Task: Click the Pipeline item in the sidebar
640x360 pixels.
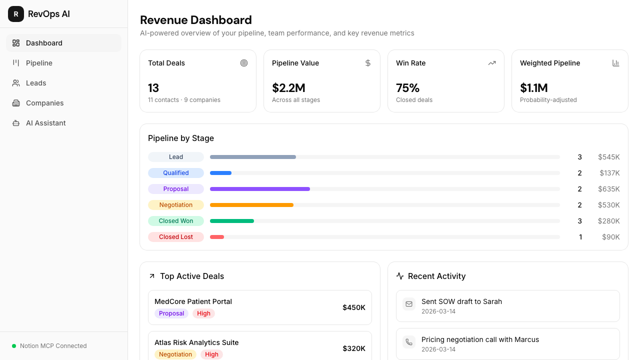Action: (x=39, y=63)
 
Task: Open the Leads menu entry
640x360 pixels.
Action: (x=35, y=83)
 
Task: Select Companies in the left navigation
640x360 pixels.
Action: (x=44, y=103)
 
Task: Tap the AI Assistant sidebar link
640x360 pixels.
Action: (x=45, y=123)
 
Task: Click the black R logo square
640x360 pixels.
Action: (x=16, y=14)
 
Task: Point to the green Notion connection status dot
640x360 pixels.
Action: (x=14, y=346)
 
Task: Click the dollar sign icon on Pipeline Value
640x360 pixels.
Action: (x=368, y=63)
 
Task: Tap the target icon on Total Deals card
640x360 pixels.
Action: (x=243, y=63)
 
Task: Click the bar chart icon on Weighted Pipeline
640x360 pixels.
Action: (x=615, y=63)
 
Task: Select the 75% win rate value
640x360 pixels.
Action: (x=407, y=88)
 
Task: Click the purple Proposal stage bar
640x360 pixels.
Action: (x=260, y=189)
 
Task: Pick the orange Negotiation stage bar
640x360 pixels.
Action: (x=251, y=205)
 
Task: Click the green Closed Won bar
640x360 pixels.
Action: (x=232, y=221)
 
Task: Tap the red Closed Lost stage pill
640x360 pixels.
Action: (x=175, y=237)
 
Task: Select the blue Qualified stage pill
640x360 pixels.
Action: (x=175, y=173)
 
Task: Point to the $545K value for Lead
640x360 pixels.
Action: (x=609, y=157)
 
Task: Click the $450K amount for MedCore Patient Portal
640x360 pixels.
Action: (x=353, y=307)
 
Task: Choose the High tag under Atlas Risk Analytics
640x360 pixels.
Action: (x=211, y=354)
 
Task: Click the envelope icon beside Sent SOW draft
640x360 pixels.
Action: (x=409, y=304)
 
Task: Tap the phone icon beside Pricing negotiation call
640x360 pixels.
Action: (x=409, y=342)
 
